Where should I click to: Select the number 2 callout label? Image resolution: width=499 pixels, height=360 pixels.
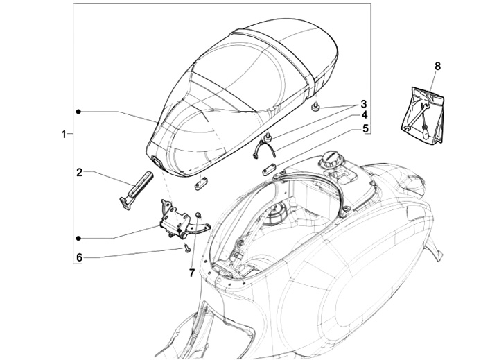click(80, 171)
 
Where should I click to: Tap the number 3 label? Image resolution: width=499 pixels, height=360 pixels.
click(363, 105)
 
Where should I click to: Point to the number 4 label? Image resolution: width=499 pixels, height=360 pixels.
click(363, 115)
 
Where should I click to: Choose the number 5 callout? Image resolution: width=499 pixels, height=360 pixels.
click(363, 129)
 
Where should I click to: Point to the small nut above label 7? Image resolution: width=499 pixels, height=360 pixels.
click(198, 214)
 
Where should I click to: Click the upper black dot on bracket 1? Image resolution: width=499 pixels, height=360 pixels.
click(79, 111)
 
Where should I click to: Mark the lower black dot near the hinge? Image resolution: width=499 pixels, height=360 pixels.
click(79, 237)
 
